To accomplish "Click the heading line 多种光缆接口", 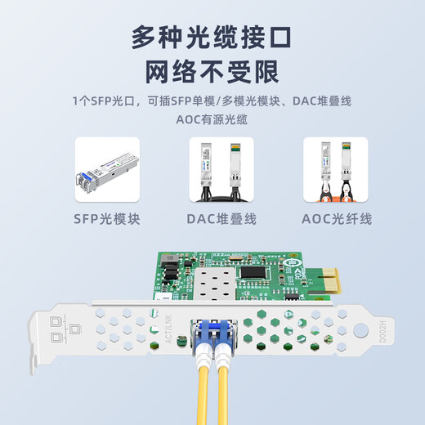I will [212, 37].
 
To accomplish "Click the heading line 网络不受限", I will [212, 74].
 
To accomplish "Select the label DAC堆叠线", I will [221, 218].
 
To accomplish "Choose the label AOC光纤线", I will [337, 218].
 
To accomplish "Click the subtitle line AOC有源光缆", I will [212, 119].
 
